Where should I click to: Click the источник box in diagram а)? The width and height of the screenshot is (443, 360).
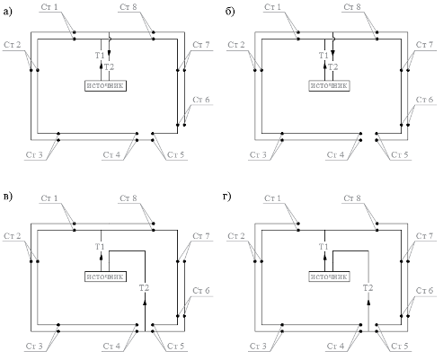(x=105, y=85)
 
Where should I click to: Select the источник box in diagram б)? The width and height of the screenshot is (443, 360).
(x=329, y=85)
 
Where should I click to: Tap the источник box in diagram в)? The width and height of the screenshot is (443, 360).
(x=105, y=277)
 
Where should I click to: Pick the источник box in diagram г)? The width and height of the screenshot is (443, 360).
(x=329, y=277)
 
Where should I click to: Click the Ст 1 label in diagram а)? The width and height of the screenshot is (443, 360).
(x=49, y=7)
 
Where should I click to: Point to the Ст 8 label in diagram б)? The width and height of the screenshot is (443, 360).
(x=352, y=7)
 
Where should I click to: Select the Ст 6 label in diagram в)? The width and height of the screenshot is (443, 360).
(x=201, y=291)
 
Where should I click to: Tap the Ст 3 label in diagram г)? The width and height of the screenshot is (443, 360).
(x=258, y=347)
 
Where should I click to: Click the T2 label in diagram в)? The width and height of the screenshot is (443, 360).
(x=144, y=288)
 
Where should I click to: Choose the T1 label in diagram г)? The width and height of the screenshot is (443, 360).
(x=323, y=247)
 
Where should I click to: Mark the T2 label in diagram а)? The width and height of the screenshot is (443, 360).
(x=110, y=66)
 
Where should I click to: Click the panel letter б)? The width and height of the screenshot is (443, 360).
(x=230, y=12)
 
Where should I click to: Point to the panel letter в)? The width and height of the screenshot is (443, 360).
(x=7, y=197)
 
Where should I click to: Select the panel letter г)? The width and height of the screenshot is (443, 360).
(x=227, y=197)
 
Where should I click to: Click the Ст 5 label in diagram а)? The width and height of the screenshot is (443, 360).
(x=175, y=155)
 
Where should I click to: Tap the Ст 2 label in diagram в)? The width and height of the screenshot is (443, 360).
(x=13, y=236)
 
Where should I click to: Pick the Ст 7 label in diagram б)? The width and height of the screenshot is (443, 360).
(x=425, y=45)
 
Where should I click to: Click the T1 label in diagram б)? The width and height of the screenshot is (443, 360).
(x=323, y=56)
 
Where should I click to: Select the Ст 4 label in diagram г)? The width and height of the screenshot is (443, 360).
(x=335, y=347)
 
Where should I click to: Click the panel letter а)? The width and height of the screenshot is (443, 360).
(x=7, y=12)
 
